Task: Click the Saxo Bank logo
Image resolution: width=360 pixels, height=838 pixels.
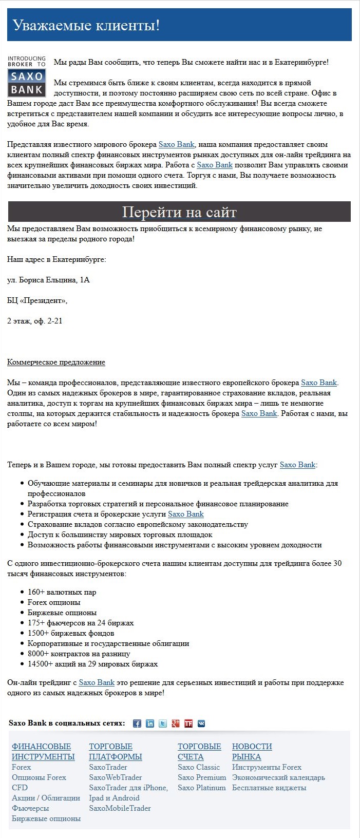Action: (x=26, y=77)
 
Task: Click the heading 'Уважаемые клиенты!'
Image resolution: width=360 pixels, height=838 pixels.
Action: (x=86, y=25)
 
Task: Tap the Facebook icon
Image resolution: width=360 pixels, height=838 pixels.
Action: (x=137, y=723)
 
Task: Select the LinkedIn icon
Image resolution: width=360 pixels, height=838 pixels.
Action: (x=150, y=723)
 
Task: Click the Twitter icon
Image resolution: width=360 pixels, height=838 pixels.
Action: (x=163, y=723)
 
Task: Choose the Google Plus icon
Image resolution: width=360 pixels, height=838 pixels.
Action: (x=176, y=723)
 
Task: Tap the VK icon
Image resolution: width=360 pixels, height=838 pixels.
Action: (x=201, y=723)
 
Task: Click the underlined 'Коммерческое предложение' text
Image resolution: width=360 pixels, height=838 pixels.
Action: (x=56, y=363)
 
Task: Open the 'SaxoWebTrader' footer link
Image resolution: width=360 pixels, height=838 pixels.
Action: (x=115, y=777)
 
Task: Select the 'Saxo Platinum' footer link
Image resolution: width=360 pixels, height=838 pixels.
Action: (x=201, y=788)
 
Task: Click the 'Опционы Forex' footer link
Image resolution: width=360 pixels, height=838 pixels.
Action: (x=39, y=777)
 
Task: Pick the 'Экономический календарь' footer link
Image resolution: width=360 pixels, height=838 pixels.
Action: (x=278, y=777)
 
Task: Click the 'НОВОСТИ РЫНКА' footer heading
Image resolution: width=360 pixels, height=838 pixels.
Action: (x=252, y=752)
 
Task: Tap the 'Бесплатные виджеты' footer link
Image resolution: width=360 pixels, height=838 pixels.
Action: (x=269, y=788)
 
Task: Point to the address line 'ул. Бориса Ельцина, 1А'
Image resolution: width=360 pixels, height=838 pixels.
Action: (x=48, y=280)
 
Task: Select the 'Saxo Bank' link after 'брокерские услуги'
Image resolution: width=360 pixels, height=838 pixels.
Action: (x=185, y=514)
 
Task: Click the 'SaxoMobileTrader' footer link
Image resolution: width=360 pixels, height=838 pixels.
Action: (x=120, y=808)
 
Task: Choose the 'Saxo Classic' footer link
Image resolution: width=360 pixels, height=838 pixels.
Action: (x=198, y=767)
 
